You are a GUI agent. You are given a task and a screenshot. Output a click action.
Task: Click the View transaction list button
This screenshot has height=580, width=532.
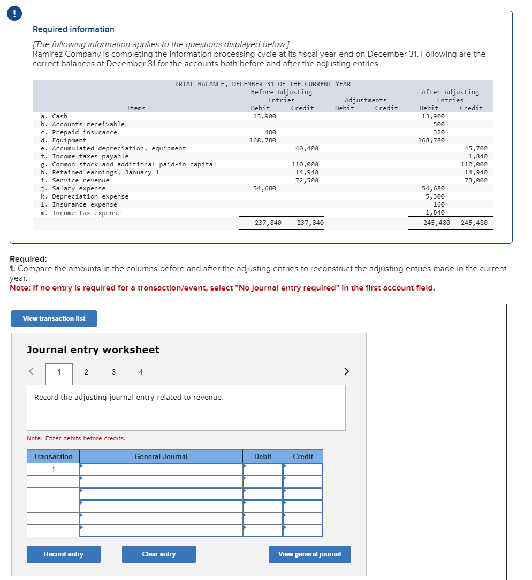click(54, 319)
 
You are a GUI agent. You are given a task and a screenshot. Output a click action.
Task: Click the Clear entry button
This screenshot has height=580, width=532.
click(158, 554)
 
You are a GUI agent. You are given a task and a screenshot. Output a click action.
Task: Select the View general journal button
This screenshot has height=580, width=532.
click(309, 554)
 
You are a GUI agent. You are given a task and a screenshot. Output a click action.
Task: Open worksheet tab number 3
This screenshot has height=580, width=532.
click(113, 372)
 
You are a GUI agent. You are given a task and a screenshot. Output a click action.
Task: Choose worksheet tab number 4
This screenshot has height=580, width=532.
click(141, 372)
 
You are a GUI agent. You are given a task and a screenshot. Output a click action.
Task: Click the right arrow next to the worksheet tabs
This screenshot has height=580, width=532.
click(346, 371)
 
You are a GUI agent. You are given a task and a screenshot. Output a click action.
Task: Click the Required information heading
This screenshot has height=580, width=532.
click(73, 29)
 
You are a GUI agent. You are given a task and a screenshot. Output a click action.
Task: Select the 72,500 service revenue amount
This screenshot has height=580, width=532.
click(307, 180)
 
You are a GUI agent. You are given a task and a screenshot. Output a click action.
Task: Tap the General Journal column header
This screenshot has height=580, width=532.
click(161, 456)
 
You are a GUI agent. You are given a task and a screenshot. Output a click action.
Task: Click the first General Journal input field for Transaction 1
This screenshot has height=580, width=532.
click(161, 469)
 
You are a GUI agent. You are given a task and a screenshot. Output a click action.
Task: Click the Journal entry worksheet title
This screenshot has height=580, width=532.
click(93, 349)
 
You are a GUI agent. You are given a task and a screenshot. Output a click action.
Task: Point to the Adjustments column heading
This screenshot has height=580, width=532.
click(366, 100)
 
